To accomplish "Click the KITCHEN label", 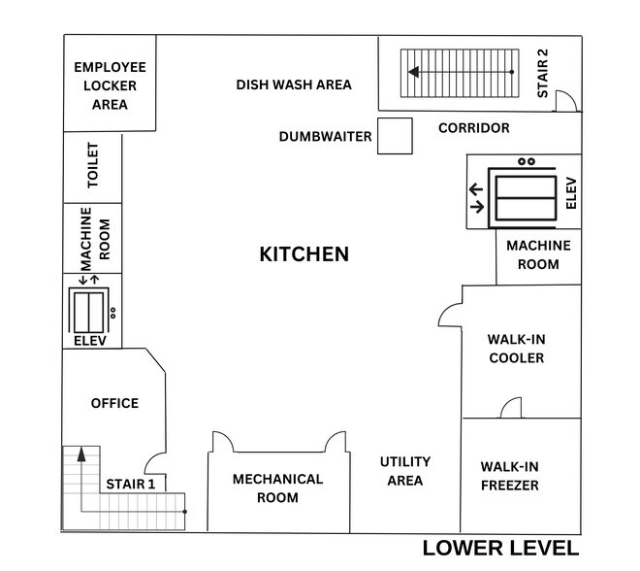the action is [x=304, y=253].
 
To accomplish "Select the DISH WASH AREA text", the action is [x=294, y=84].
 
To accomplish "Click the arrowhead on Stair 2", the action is [x=413, y=72].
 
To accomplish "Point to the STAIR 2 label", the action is [x=542, y=74].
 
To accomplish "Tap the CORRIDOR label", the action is [x=474, y=128].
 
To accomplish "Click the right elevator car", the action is [x=526, y=198].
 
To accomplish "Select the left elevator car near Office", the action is [x=88, y=313].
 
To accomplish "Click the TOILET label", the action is [x=93, y=165].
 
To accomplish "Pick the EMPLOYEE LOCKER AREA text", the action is [x=110, y=85].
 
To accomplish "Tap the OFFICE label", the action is [x=114, y=403].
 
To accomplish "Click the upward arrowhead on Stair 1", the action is [x=81, y=454].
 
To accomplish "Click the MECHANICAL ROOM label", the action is [x=277, y=488].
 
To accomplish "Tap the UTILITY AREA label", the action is [x=405, y=471].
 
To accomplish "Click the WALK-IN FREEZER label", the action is [x=510, y=476].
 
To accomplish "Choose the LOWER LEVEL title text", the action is [x=500, y=548].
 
